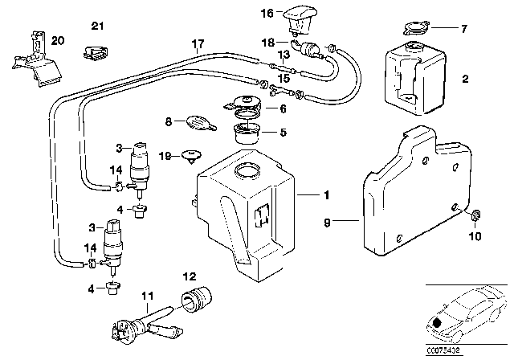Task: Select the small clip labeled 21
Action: [x=95, y=54]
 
